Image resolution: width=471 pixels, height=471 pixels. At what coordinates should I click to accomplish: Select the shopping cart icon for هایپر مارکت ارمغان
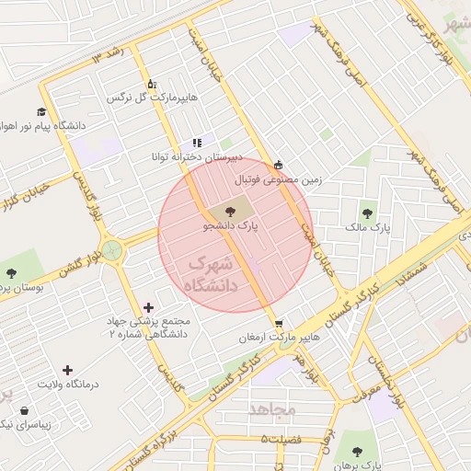[x=278, y=323]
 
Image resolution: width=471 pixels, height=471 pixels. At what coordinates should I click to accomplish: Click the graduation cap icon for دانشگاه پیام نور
[x=41, y=111]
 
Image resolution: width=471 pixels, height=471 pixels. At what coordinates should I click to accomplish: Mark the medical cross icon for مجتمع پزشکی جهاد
[x=150, y=307]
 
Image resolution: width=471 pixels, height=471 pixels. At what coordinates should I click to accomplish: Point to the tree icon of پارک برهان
[x=357, y=451]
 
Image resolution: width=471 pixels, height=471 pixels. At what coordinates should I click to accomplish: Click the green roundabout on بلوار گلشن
[x=112, y=250]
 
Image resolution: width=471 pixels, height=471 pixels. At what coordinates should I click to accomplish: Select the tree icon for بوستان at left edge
[x=10, y=272]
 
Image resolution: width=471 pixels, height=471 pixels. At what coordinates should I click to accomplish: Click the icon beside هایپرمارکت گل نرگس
[x=152, y=84]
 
